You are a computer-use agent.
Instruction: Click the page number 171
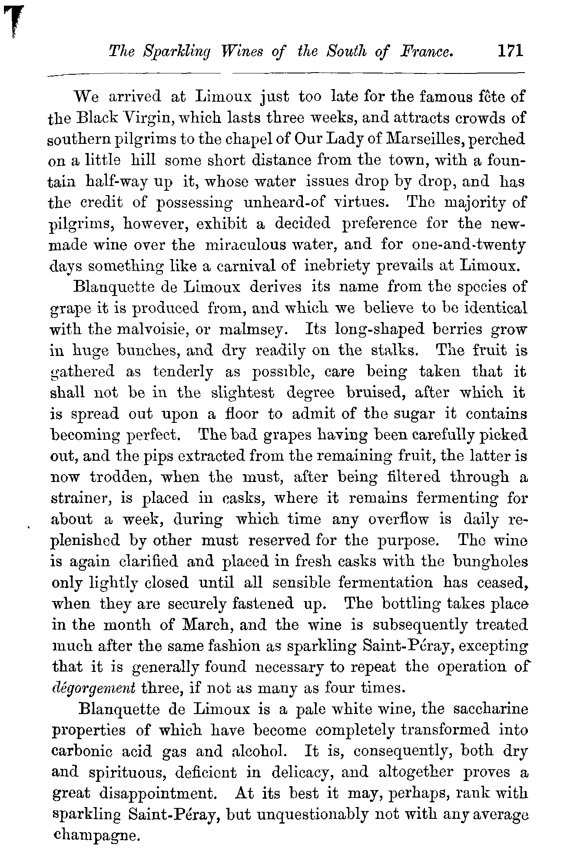click(511, 51)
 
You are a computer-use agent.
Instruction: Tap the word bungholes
click(490, 562)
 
